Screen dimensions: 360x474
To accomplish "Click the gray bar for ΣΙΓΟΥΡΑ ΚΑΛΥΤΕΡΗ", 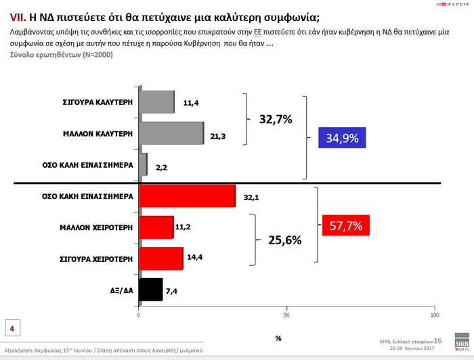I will pos(156,103).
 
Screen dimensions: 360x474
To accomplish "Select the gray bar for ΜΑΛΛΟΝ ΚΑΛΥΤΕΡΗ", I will pos(171,133).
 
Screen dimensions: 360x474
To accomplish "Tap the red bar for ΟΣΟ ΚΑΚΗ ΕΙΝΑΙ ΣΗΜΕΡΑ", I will pos(187,196).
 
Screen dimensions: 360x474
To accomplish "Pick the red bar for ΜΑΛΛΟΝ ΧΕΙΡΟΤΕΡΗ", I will pos(156,227).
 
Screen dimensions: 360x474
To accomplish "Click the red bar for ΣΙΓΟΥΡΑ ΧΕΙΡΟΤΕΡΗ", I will pos(160,258).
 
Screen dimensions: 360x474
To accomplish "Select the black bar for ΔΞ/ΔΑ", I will pos(150,290).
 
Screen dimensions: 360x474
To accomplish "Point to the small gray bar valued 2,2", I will pos(142,164).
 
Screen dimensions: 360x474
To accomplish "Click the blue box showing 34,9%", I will pos(342,139).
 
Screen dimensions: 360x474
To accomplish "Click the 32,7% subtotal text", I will pos(276,120).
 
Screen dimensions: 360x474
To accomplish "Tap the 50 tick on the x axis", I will pos(286,316).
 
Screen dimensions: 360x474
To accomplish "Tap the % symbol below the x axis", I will pos(278,338).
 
